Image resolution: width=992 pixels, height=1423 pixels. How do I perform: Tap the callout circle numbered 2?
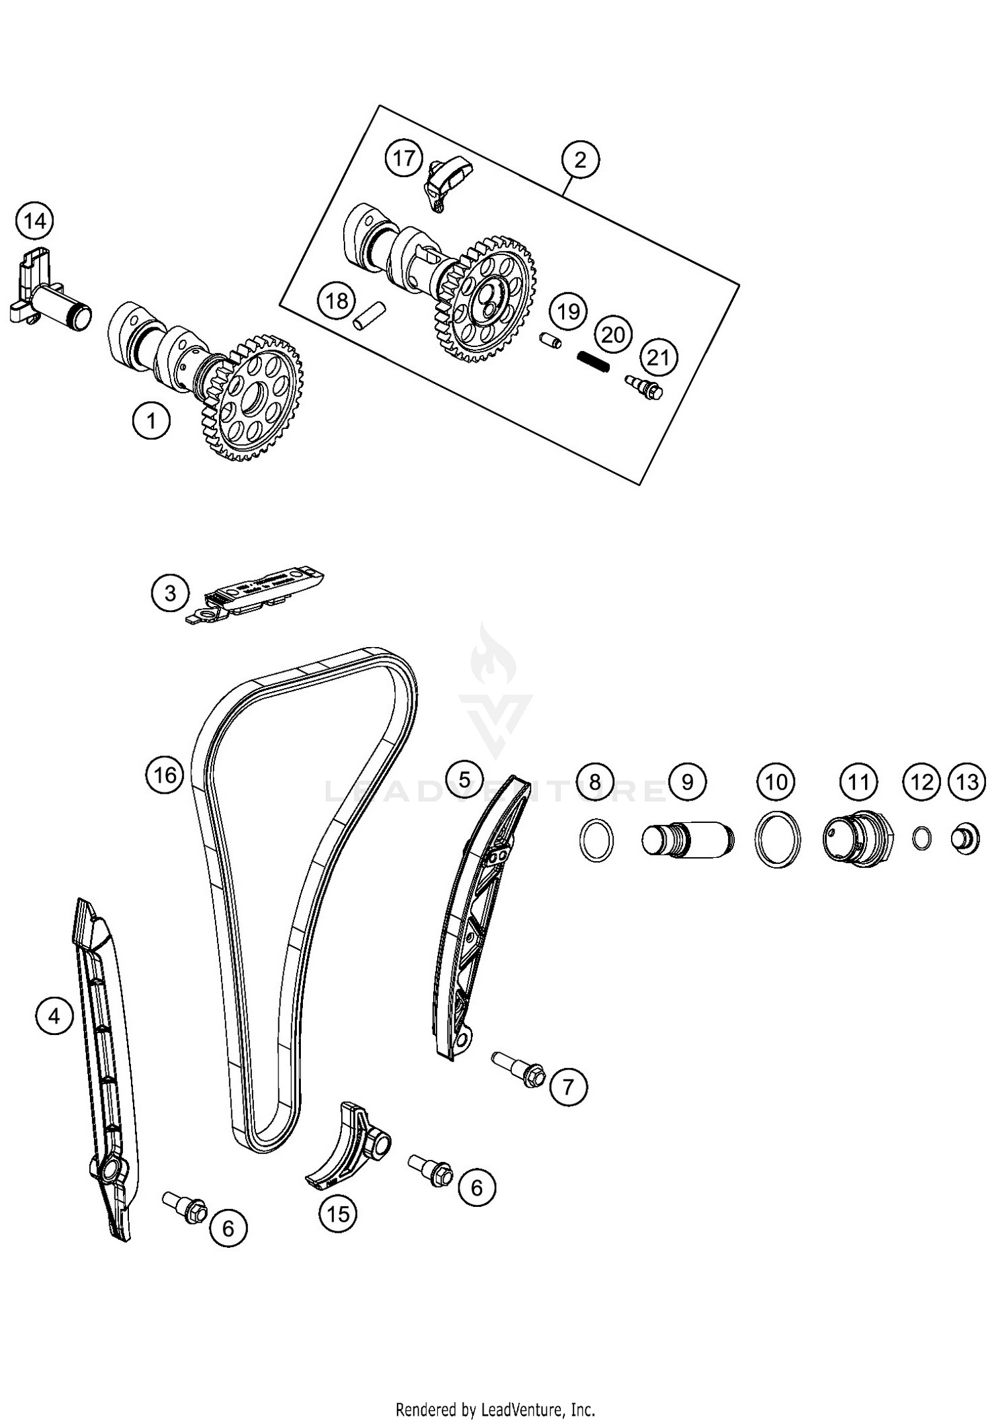click(580, 160)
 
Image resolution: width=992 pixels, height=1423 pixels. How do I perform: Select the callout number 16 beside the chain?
click(164, 773)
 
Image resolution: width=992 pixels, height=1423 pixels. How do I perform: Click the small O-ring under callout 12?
click(921, 839)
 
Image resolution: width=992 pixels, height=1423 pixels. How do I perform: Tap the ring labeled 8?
click(596, 840)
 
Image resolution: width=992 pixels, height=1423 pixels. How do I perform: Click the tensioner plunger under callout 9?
click(686, 840)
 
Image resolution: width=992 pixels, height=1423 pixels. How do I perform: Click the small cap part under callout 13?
click(965, 840)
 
